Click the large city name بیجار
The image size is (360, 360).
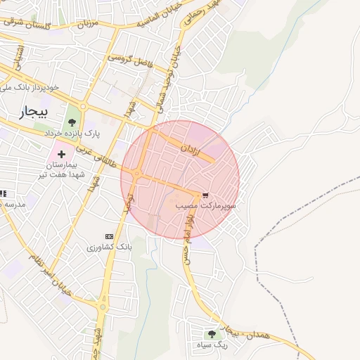34,112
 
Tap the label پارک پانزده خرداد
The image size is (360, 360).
73,132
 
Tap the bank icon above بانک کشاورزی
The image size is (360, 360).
109,236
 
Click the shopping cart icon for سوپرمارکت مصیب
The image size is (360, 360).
205,195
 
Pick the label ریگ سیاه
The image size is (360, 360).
212,345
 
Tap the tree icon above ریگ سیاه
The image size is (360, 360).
212,334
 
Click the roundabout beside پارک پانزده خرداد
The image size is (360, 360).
83,107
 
